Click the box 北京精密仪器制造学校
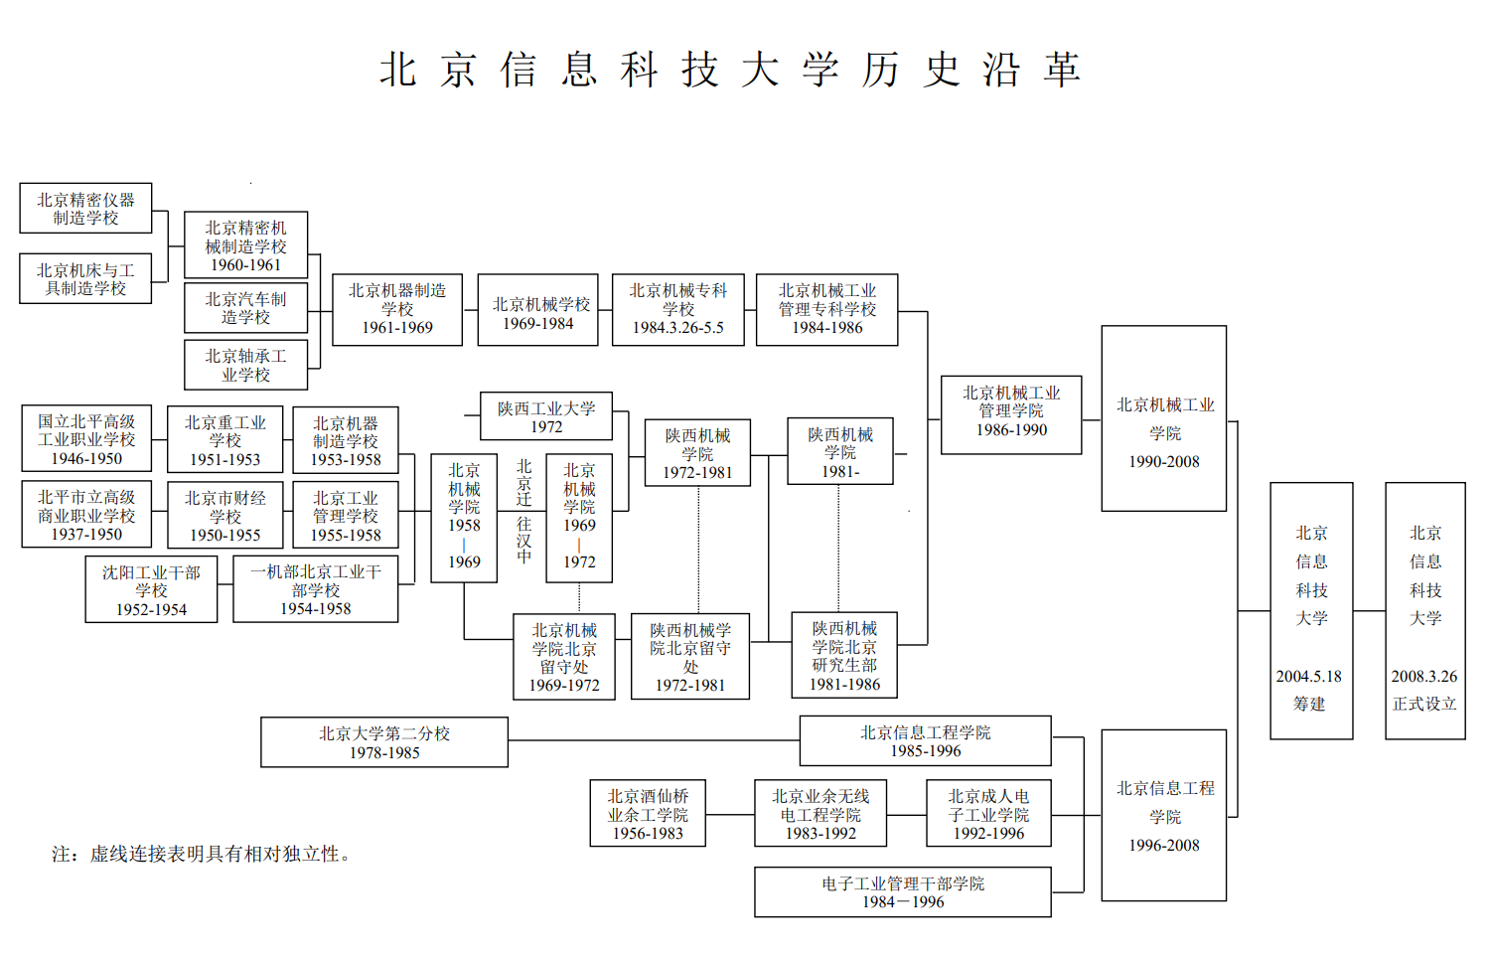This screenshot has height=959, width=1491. coord(85,209)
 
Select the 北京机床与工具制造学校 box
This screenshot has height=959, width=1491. coord(85,279)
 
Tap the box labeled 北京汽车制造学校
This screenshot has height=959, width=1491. coord(245,308)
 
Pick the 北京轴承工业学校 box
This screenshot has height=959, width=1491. coord(245,365)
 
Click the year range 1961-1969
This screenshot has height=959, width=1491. coord(397,328)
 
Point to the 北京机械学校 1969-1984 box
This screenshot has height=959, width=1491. coord(537,310)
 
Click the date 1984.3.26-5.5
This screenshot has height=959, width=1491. coord(678,328)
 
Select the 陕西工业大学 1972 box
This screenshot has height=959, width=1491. coord(546,416)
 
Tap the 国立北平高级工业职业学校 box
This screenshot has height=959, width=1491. coord(86,438)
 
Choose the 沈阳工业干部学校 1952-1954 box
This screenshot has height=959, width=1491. coord(151,589)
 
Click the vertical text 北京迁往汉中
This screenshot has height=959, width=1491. coord(524,512)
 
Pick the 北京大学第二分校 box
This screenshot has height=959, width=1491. coord(384,742)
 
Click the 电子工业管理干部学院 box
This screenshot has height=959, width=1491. coord(903,892)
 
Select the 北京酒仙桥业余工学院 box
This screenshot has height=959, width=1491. coord(648,813)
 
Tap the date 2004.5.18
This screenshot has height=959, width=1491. coord(1309,677)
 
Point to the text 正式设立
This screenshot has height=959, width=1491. coord(1425,704)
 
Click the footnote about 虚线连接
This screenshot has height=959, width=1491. coord(202,854)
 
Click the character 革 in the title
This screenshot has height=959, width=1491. coord(1062,70)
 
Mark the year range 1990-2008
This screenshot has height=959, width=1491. coord(1164,461)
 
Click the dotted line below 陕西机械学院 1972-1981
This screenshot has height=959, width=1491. coord(698,551)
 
